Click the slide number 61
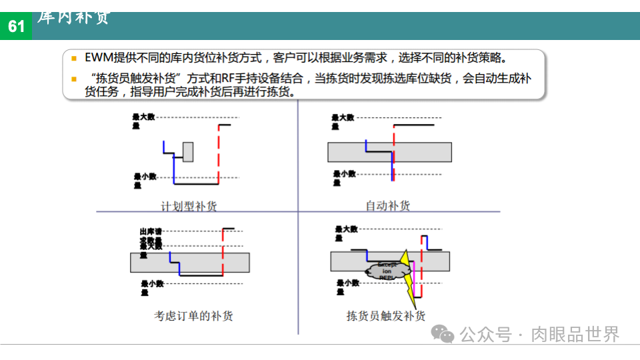pos(16,26)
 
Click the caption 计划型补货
pos(189,206)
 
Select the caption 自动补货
pos(387,206)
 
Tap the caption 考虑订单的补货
pos(193,316)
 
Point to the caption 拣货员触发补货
pos(386,316)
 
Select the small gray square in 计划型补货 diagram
pos(188,152)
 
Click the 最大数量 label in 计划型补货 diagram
pos(143,121)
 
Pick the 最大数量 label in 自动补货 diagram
pos(343,121)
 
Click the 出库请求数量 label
pos(150,235)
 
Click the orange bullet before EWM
pos(74,58)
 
